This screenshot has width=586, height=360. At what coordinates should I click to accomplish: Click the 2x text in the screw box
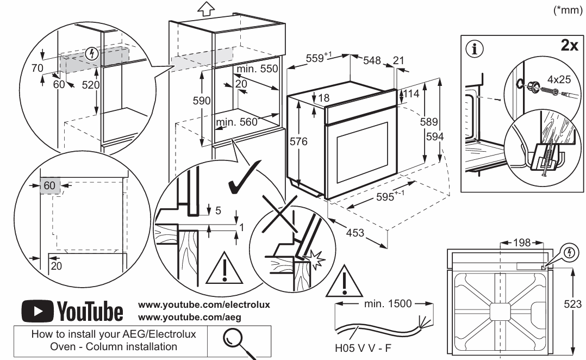click(x=570, y=46)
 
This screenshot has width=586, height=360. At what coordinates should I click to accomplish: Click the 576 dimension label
click(x=298, y=142)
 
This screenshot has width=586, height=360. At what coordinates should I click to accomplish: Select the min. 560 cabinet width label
click(x=236, y=122)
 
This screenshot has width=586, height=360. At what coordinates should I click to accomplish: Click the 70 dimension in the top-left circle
click(x=38, y=68)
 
